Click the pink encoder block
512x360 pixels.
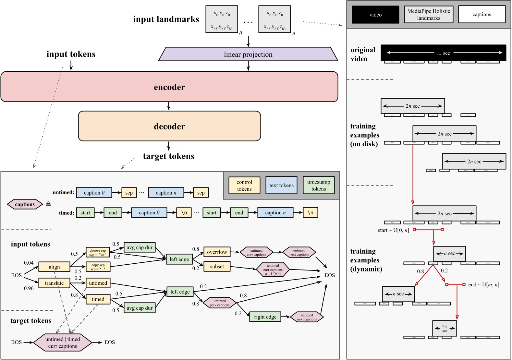[169, 87]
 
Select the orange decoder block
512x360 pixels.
[169, 126]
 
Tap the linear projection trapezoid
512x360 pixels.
[248, 54]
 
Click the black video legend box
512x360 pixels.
[375, 15]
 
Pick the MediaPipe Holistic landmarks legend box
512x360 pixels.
[428, 15]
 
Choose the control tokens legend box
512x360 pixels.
[244, 186]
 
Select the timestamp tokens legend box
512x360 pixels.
[318, 186]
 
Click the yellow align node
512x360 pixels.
[54, 267]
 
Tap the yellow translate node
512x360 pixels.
[54, 283]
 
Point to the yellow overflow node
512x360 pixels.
[217, 252]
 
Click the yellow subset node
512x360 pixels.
[217, 267]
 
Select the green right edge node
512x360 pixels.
[265, 317]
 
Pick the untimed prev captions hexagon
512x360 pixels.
[219, 303]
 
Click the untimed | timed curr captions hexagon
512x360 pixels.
[63, 342]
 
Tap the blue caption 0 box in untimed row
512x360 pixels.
[94, 193]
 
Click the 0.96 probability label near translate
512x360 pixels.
[29, 288]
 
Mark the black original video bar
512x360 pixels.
[443, 53]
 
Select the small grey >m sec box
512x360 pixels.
[444, 328]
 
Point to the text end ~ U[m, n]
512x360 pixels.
[483, 285]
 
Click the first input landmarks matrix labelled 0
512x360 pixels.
[222, 19]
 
